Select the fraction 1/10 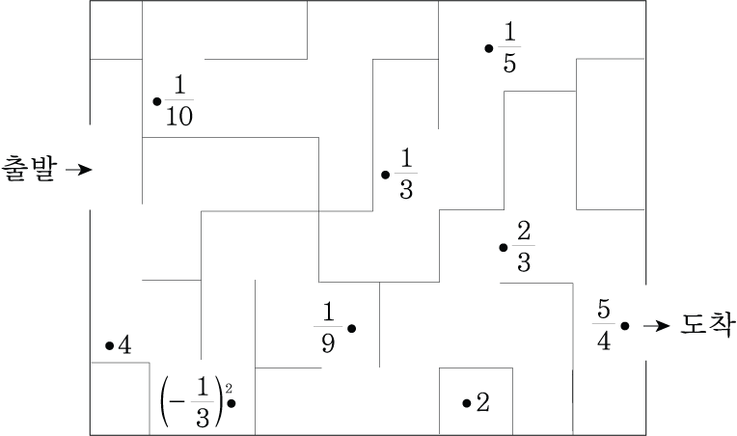click(178, 100)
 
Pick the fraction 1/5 click(508, 47)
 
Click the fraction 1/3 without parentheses click(405, 174)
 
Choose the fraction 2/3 click(524, 247)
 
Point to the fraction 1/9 click(328, 328)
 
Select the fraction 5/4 click(603, 326)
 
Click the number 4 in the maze click(124, 345)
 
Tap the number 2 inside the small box click(483, 402)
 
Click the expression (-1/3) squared click(196, 401)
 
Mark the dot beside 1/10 click(157, 100)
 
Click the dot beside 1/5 click(489, 47)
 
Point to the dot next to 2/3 click(504, 248)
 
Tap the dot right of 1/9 click(352, 329)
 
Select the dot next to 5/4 click(625, 326)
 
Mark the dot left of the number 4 click(109, 345)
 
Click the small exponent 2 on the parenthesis click(228, 388)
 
